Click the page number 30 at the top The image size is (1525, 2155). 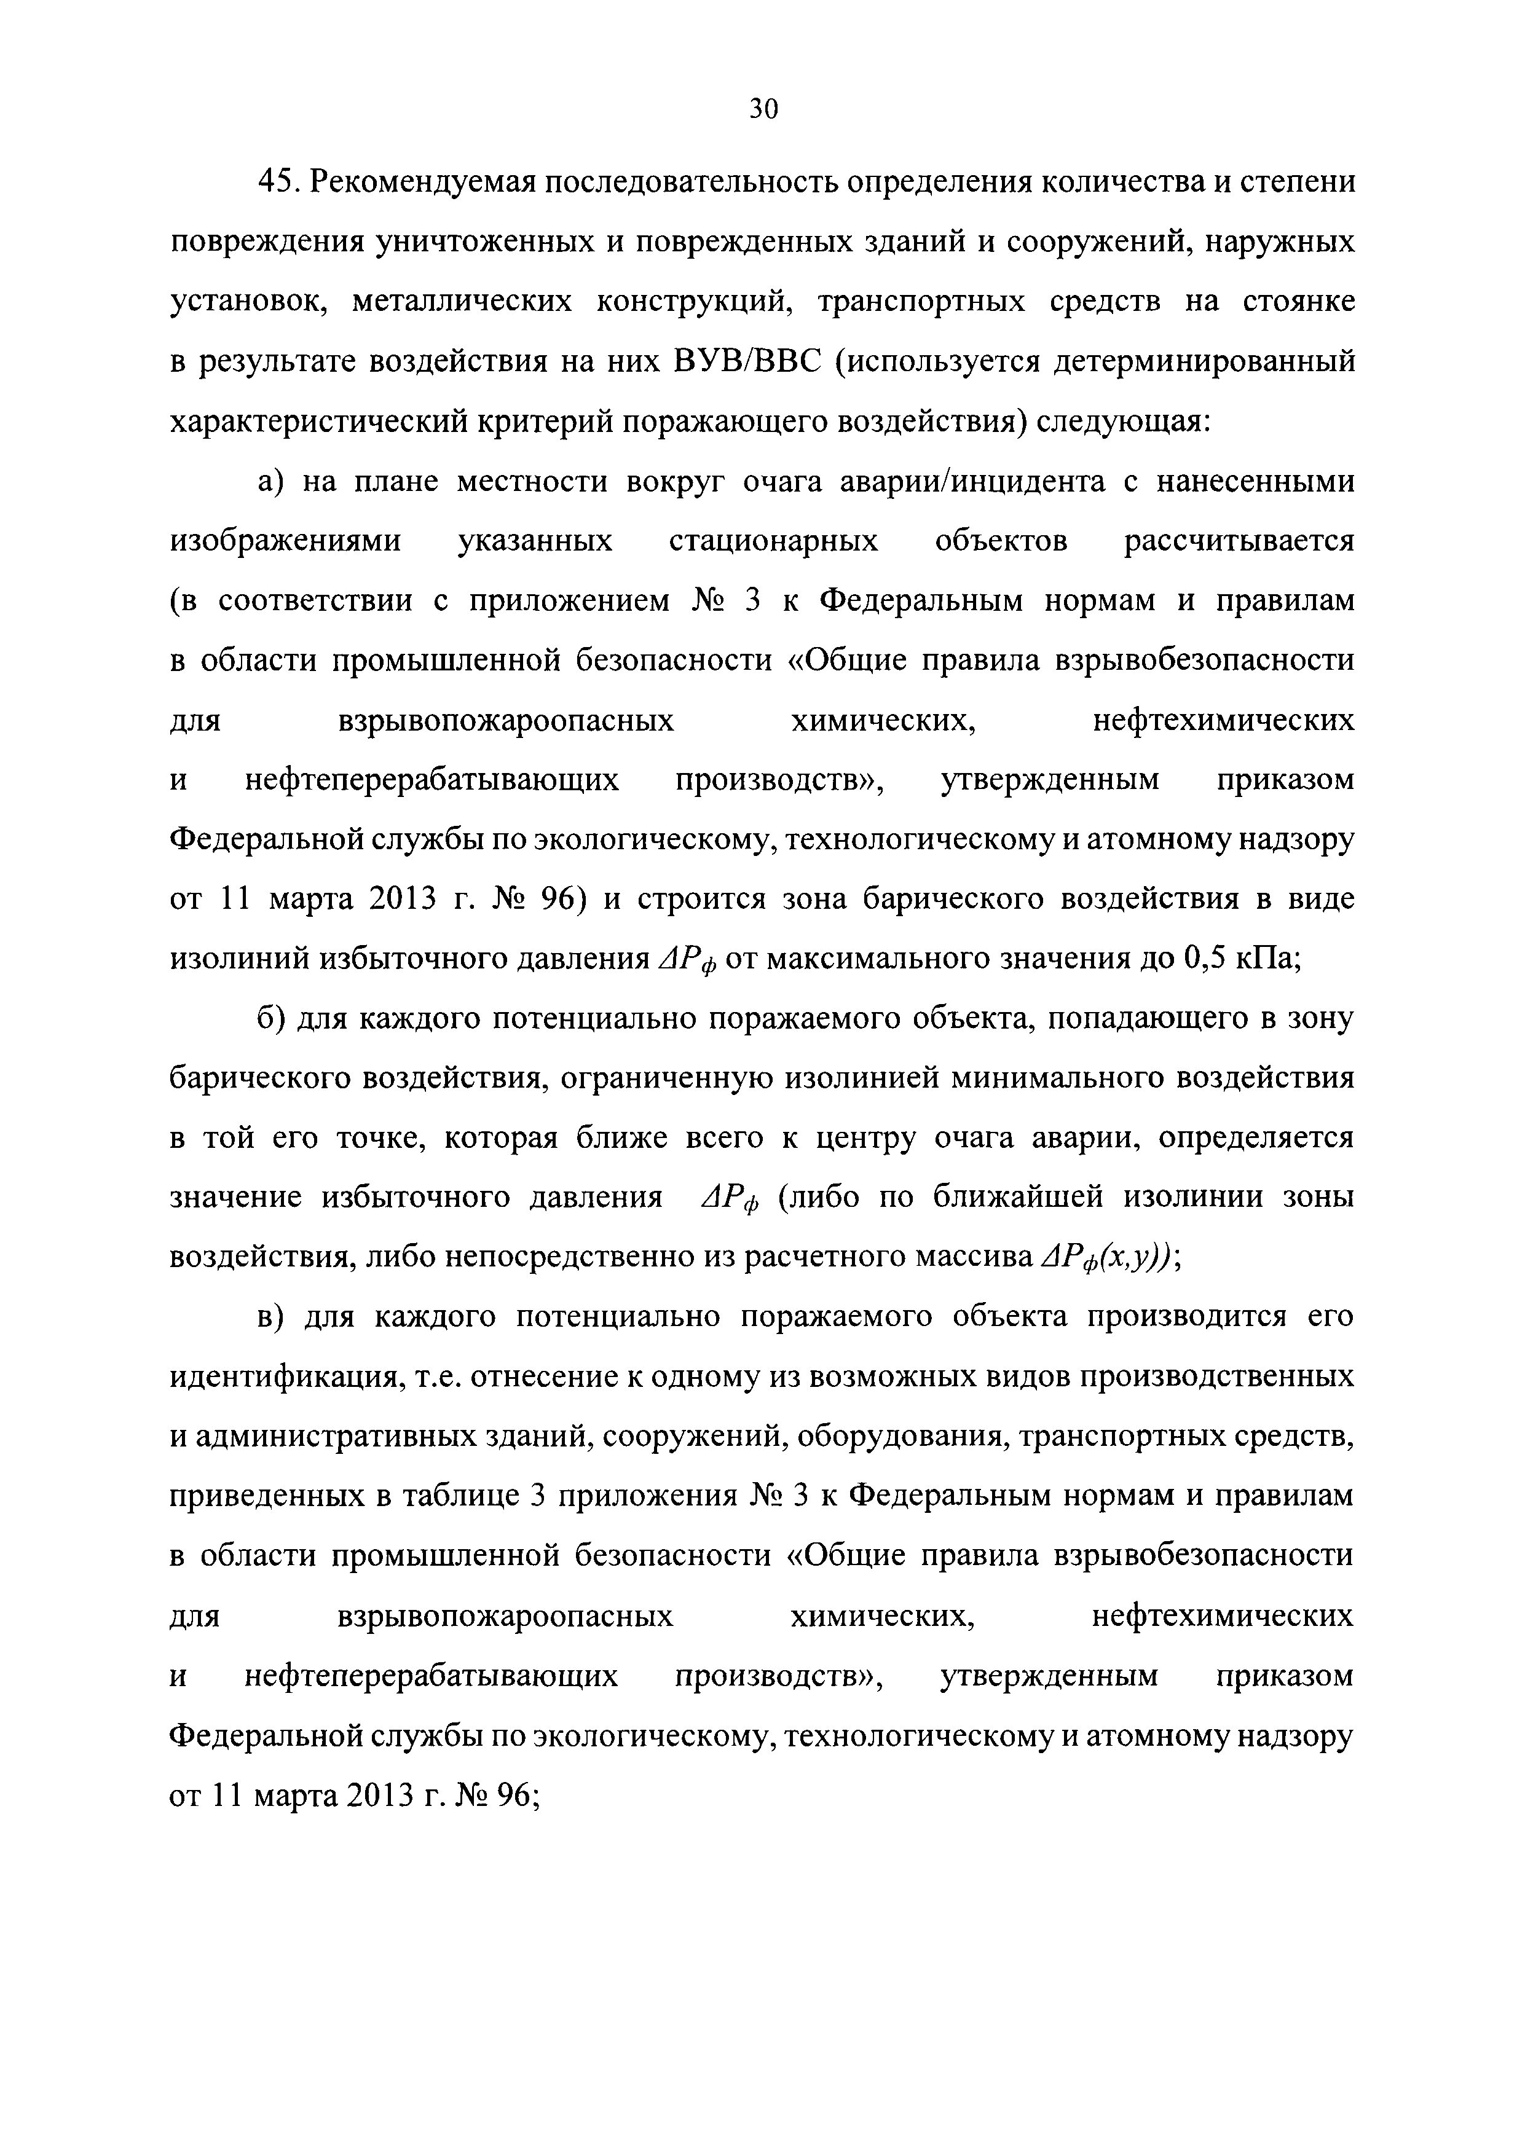point(762,110)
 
